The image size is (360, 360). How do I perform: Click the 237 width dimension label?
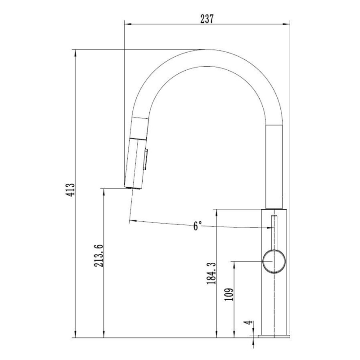[x=207, y=19]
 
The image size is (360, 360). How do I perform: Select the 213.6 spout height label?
[x=99, y=256]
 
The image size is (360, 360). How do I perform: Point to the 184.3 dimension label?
[x=211, y=274]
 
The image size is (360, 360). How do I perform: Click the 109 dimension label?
[x=229, y=294]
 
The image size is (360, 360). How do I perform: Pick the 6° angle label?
[x=197, y=226]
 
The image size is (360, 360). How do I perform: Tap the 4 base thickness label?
[x=248, y=323]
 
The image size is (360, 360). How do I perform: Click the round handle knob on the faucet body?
[x=274, y=261]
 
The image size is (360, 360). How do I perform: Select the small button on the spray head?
[x=145, y=159]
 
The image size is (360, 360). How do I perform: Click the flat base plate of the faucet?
[x=274, y=336]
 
